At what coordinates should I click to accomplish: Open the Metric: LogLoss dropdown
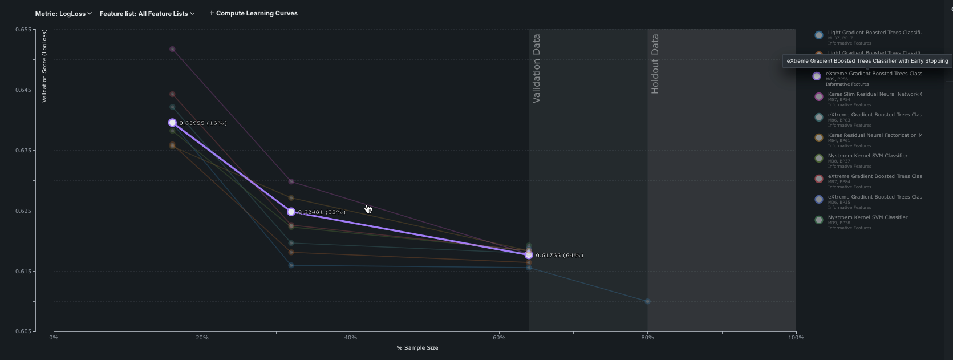(63, 14)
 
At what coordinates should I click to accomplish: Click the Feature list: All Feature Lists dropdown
(147, 14)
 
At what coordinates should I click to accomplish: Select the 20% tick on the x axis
(202, 338)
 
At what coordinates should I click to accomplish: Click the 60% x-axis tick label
(499, 338)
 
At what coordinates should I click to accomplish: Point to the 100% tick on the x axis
(796, 338)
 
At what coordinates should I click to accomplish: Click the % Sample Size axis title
(417, 347)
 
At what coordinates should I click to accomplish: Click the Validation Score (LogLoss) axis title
(44, 66)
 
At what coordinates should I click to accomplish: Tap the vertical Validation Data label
(536, 68)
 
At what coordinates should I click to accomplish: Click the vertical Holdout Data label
(655, 64)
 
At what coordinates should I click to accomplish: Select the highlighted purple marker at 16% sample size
(172, 123)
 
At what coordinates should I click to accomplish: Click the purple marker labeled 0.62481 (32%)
(291, 212)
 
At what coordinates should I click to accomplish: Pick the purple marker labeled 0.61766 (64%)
(529, 255)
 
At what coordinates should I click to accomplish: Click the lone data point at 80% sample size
(647, 301)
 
